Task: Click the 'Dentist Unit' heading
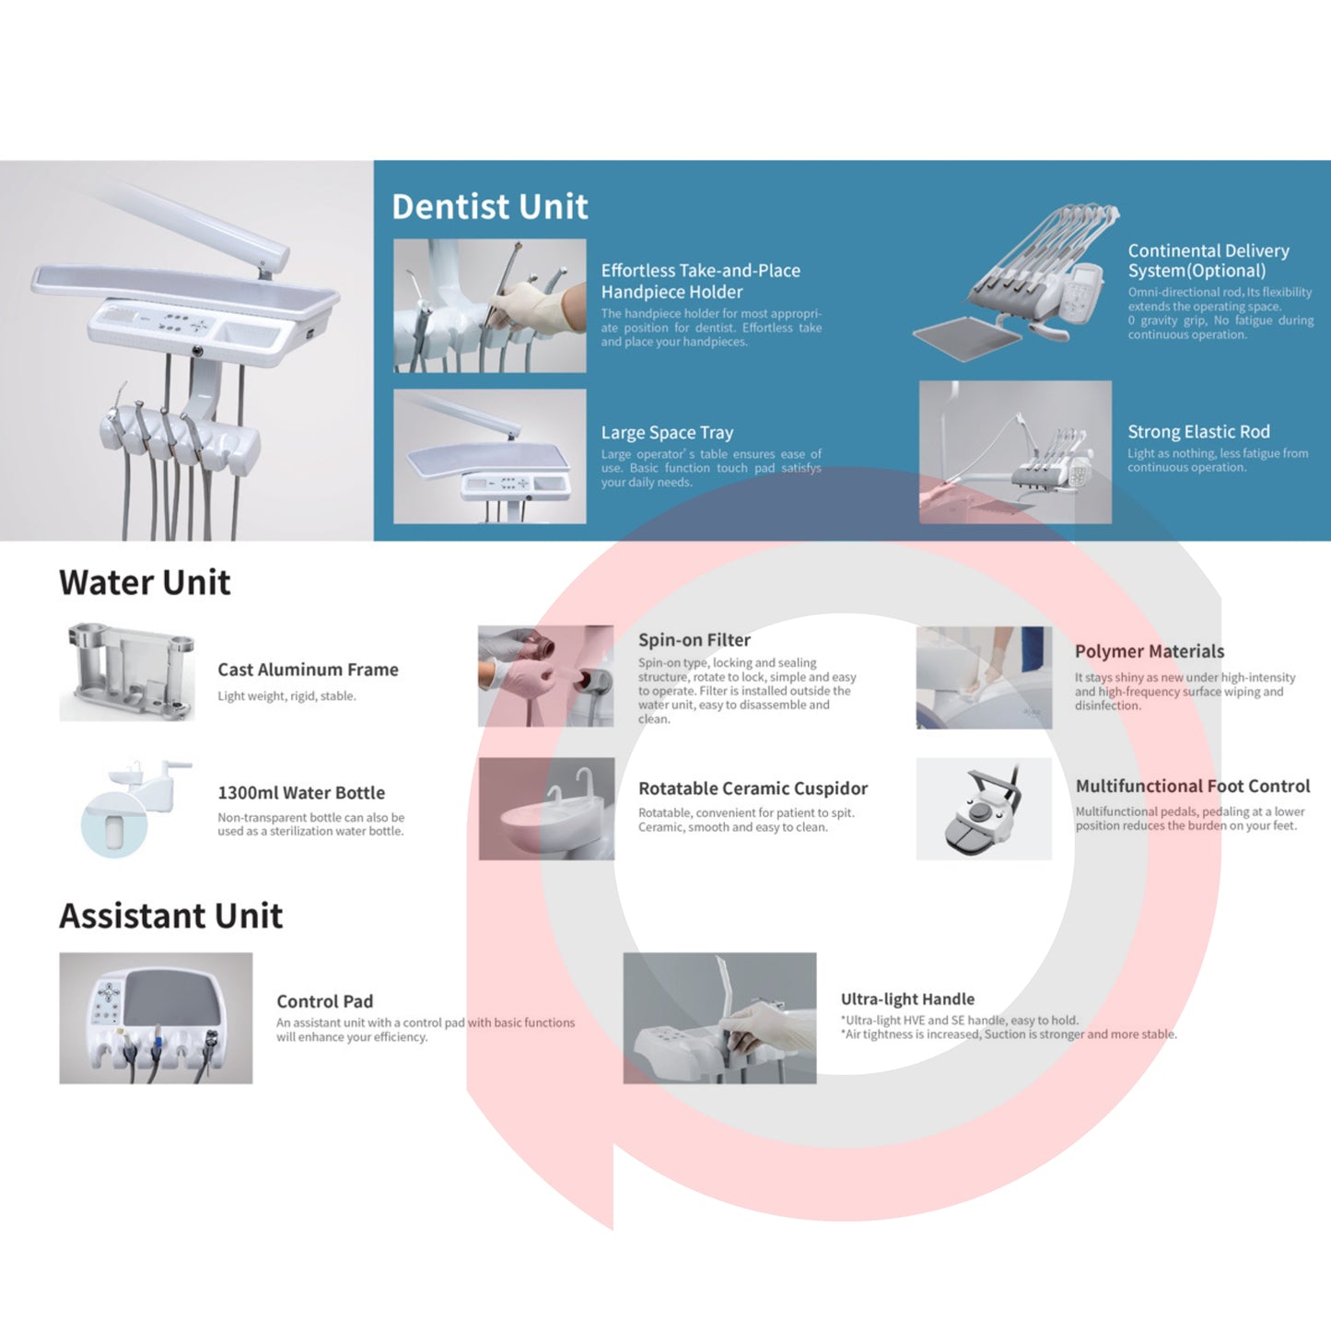pyautogui.click(x=490, y=206)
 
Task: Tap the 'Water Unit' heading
pyautogui.click(x=145, y=582)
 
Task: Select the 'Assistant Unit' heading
pyautogui.click(x=170, y=916)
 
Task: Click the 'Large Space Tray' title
pyautogui.click(x=667, y=433)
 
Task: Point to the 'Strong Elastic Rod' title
pyautogui.click(x=1198, y=432)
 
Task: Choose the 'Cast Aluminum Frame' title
pyautogui.click(x=308, y=670)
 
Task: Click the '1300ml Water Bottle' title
pyautogui.click(x=301, y=792)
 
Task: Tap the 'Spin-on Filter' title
pyautogui.click(x=695, y=640)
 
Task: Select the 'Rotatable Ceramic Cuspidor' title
pyautogui.click(x=753, y=788)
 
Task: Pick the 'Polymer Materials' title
pyautogui.click(x=1150, y=651)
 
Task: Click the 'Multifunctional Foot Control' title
pyautogui.click(x=1193, y=786)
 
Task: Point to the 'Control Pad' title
pyautogui.click(x=324, y=1001)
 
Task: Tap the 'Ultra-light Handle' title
pyautogui.click(x=907, y=998)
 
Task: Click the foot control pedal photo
pyautogui.click(x=984, y=809)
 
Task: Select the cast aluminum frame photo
pyautogui.click(x=127, y=671)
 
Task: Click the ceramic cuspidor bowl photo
pyautogui.click(x=546, y=809)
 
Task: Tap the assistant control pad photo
pyautogui.click(x=156, y=1018)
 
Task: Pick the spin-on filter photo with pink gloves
pyautogui.click(x=545, y=676)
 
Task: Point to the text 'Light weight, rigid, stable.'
pyautogui.click(x=286, y=696)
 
